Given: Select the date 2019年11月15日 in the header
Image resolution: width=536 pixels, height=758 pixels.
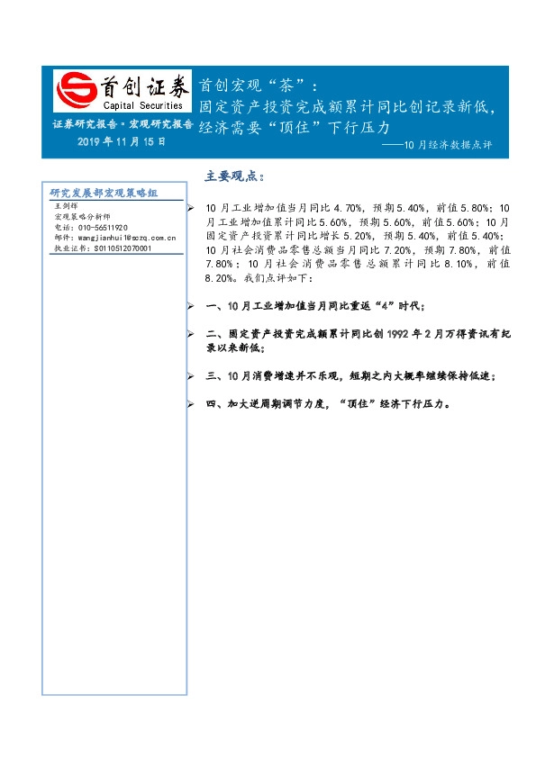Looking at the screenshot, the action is pyautogui.click(x=121, y=143).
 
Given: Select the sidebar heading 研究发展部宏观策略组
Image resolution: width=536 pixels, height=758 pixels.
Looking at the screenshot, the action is pyautogui.click(x=104, y=193).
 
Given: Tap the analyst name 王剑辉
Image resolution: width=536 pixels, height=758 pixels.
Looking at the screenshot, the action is pyautogui.click(x=68, y=206).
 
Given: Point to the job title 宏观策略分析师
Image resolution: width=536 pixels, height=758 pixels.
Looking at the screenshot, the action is pyautogui.click(x=86, y=217).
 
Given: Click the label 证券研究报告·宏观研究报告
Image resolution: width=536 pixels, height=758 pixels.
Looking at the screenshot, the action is pyautogui.click(x=122, y=124).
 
